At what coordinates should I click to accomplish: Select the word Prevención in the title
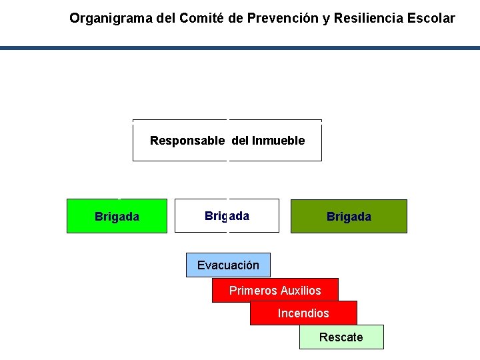[x=283, y=19]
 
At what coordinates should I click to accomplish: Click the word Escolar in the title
[x=431, y=19]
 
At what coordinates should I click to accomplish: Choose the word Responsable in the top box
[x=187, y=141]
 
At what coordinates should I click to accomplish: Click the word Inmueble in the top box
[x=279, y=141]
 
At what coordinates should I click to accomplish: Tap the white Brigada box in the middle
[x=227, y=216]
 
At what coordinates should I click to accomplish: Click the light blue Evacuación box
[x=228, y=265]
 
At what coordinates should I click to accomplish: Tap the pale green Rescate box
[x=341, y=337]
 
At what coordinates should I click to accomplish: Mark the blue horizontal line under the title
[x=240, y=48]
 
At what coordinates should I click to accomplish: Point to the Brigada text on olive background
[x=349, y=217]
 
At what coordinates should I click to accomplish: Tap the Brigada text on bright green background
[x=117, y=216]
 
